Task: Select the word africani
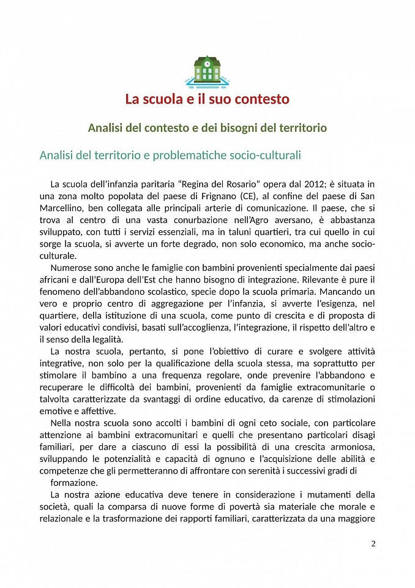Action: (x=57, y=280)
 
